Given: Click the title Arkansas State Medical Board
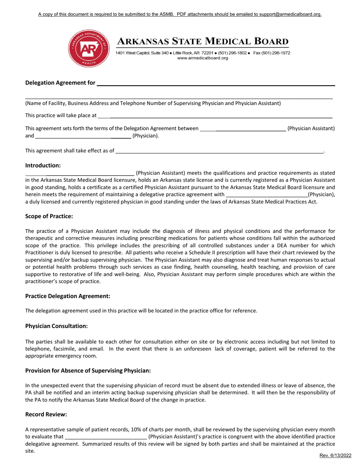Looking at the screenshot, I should point(202,41).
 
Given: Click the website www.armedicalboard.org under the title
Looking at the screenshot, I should point(202,58).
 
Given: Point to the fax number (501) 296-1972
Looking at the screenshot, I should point(277,53).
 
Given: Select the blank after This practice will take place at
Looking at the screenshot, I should point(216,116).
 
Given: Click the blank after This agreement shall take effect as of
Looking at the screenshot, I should point(220,151).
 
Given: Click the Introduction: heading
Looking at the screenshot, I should point(43,166).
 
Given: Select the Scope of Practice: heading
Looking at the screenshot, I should point(49,216).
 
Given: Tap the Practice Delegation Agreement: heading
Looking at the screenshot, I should point(68,296).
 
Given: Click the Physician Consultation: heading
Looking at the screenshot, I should point(56,326).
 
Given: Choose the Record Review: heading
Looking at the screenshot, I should point(46,414).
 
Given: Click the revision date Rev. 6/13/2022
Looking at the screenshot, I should point(335,456).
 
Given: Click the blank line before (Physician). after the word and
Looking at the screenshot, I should point(83,136).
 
